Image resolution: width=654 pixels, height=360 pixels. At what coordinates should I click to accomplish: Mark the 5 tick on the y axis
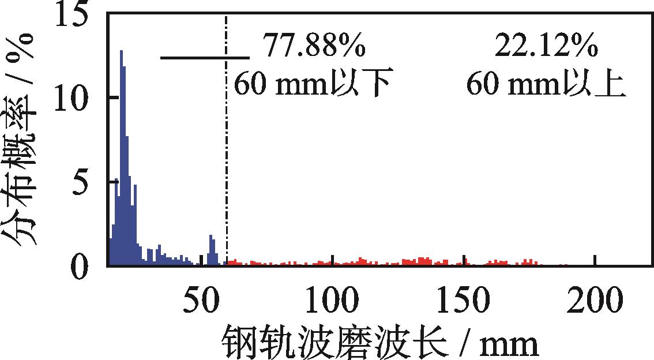pyautogui.click(x=87, y=182)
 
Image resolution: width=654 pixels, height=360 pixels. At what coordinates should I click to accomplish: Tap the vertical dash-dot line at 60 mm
pyautogui.click(x=227, y=173)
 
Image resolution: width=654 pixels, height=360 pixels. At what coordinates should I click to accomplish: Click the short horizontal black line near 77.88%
pyautogui.click(x=205, y=58)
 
